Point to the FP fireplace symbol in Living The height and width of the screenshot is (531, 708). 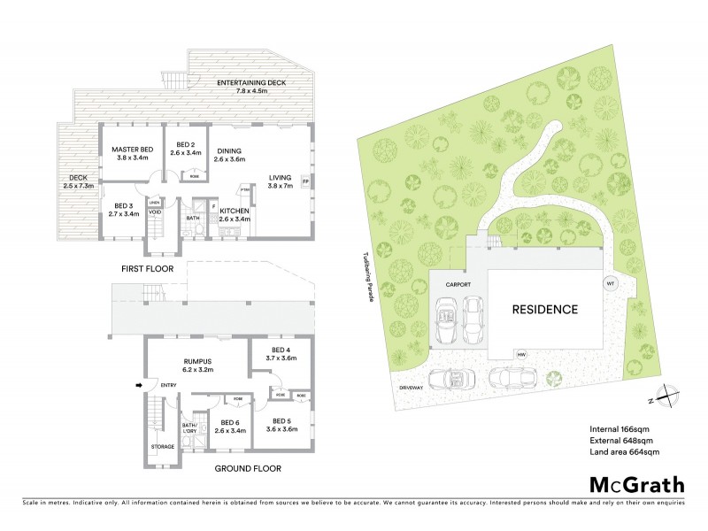305,182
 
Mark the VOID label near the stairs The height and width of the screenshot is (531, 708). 154,212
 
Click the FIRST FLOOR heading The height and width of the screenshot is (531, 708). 148,268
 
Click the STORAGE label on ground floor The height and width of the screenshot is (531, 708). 162,447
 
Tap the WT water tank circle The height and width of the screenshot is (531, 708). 609,283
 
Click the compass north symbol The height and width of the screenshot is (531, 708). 668,397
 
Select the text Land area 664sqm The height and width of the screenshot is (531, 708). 625,452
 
